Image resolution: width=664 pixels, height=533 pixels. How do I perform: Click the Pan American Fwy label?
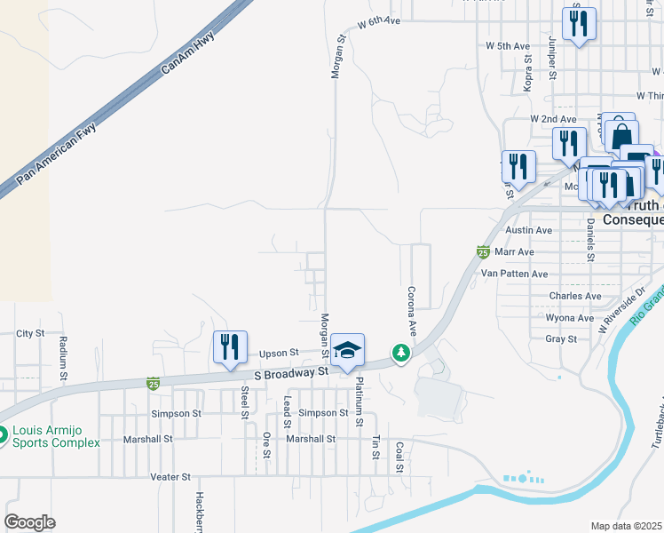click(x=57, y=154)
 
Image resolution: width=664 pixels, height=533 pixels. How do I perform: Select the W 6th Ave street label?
click(x=380, y=20)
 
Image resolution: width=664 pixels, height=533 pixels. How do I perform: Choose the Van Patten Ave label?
click(x=514, y=274)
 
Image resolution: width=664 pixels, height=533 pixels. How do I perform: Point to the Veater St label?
click(x=170, y=477)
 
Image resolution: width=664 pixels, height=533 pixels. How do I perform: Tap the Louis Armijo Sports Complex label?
click(x=55, y=436)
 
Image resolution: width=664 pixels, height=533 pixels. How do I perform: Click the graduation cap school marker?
click(x=349, y=350)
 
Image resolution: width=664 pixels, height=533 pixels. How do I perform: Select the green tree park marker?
click(x=402, y=354)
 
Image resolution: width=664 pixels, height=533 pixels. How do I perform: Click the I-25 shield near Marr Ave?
click(x=483, y=252)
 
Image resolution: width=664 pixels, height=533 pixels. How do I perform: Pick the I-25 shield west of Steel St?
click(x=154, y=384)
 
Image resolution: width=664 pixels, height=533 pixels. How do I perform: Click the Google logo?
click(x=29, y=522)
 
